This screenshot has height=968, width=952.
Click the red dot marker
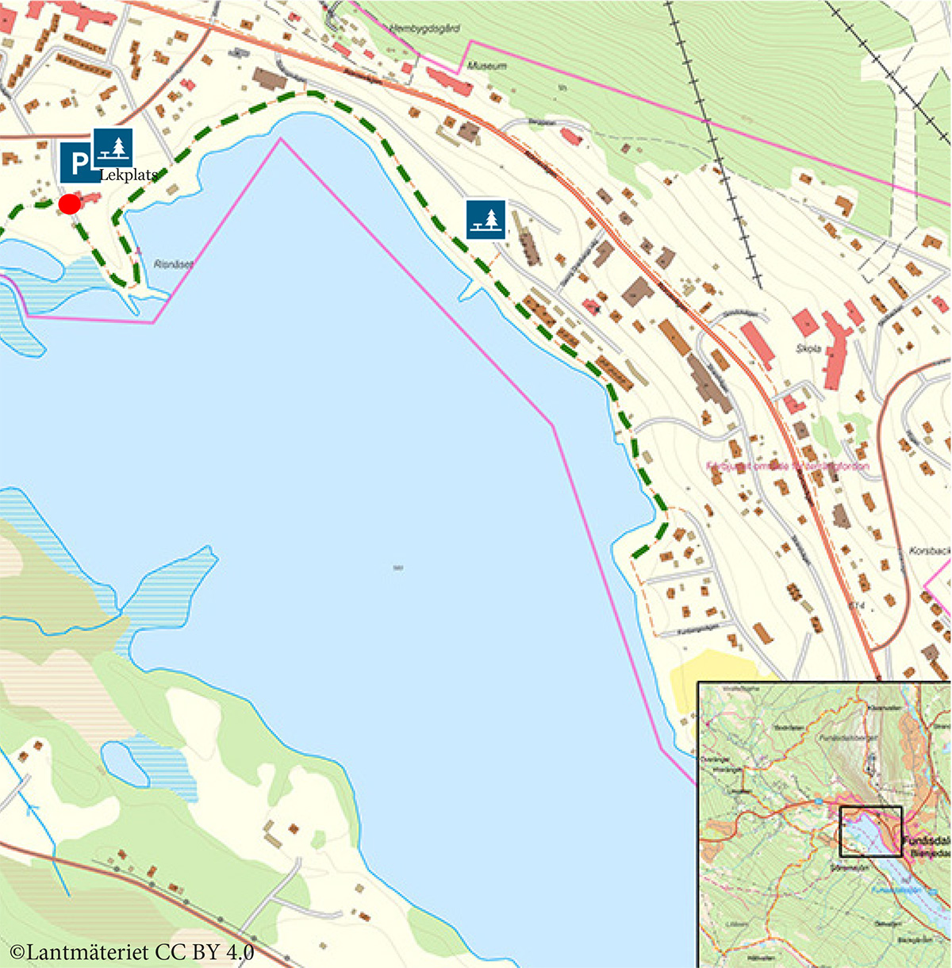point(70,204)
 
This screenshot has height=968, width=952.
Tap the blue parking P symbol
point(79,163)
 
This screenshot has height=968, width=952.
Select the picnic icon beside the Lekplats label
point(113,148)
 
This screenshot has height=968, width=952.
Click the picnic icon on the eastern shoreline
point(486,219)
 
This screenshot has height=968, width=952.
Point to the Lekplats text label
point(129,175)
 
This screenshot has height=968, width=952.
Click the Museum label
point(486,66)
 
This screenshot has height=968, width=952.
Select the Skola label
point(808,348)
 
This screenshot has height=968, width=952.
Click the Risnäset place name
point(173,264)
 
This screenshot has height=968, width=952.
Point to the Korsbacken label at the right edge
point(929,550)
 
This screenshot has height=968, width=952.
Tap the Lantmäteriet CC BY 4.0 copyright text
point(132,951)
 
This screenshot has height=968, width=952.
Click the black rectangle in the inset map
point(870,832)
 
